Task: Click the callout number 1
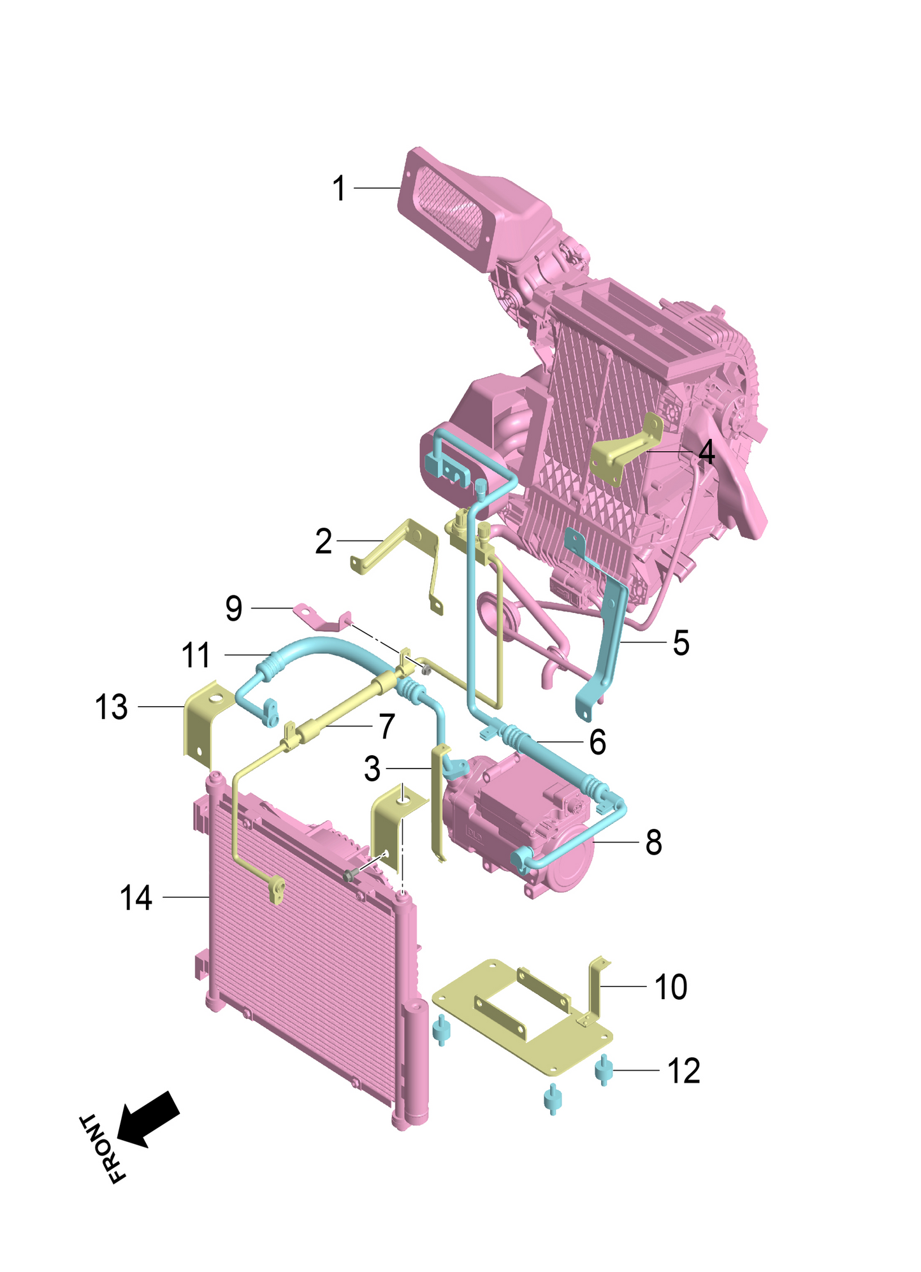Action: [x=339, y=189]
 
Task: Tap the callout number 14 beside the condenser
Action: [x=136, y=898]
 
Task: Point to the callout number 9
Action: [x=234, y=609]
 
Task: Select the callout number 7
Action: [x=387, y=726]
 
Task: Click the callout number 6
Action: [x=597, y=742]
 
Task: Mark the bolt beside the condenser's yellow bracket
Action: [x=349, y=876]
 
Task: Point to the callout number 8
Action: [x=653, y=842]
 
